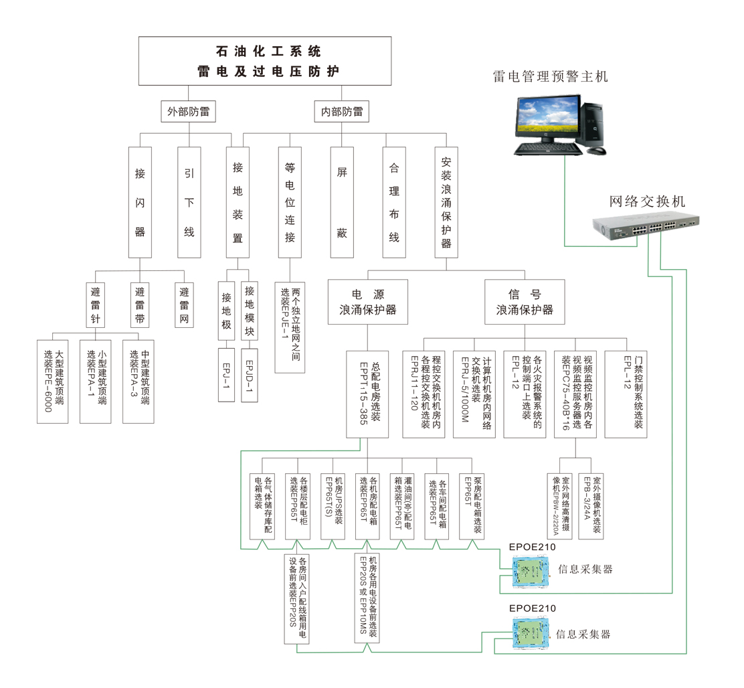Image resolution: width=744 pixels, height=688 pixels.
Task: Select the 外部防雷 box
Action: [188, 112]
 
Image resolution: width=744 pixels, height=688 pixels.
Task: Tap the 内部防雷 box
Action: [342, 112]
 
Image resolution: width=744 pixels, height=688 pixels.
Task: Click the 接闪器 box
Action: [140, 202]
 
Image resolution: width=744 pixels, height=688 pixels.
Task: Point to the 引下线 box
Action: [189, 202]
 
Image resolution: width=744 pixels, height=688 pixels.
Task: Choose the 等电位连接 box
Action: [290, 202]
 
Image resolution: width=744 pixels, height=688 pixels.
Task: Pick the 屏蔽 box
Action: [342, 202]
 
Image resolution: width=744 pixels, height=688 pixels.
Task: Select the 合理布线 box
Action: [394, 202]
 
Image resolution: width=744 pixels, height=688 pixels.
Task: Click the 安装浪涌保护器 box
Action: [446, 202]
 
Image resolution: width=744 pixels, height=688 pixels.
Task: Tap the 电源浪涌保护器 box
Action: [368, 302]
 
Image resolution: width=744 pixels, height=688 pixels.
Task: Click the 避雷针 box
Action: [95, 305]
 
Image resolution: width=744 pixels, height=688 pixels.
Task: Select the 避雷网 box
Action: [183, 305]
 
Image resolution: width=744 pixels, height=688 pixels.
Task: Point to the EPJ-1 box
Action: [226, 375]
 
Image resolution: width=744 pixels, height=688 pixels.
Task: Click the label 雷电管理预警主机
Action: [550, 76]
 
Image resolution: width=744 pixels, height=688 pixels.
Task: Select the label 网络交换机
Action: [648, 201]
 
